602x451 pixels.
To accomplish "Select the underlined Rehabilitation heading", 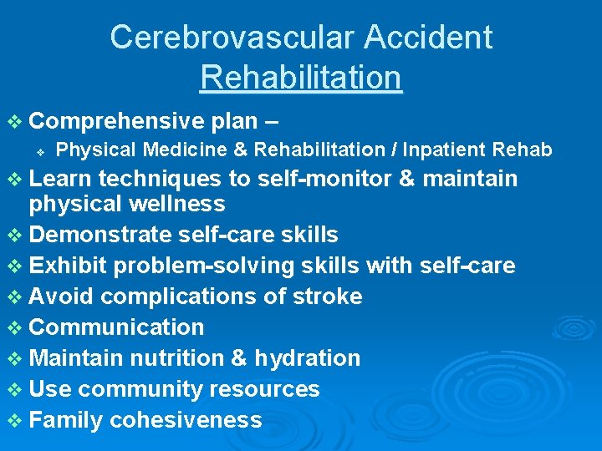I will click(x=301, y=78).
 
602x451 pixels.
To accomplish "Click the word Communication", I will click(x=116, y=327).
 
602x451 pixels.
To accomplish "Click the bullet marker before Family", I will click(x=16, y=420).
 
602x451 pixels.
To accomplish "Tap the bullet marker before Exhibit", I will click(x=16, y=266).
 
